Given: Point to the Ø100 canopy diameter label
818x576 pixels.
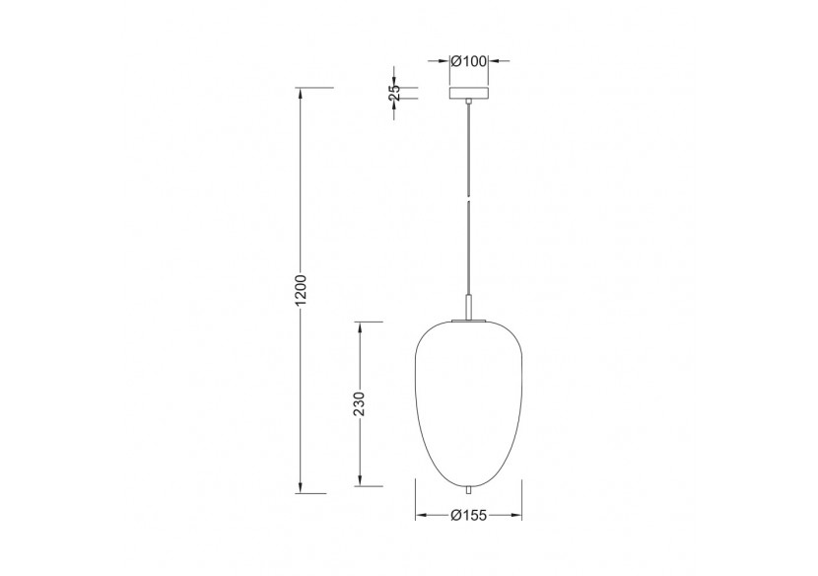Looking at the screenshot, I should [x=469, y=62].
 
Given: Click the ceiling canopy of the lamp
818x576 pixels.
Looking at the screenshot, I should [x=469, y=95].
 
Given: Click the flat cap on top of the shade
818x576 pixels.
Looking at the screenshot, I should [x=469, y=320].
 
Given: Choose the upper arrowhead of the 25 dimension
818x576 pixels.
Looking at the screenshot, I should [x=394, y=83].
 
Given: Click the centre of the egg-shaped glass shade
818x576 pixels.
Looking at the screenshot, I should [x=469, y=399].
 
